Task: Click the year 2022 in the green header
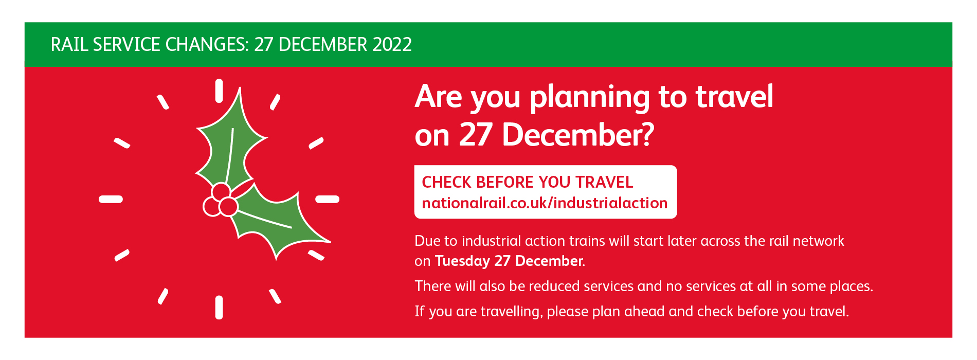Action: click(x=392, y=45)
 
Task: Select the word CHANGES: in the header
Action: click(x=207, y=45)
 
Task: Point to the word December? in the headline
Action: click(x=578, y=135)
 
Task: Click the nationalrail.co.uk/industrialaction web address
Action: click(x=545, y=203)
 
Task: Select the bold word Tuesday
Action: click(x=462, y=261)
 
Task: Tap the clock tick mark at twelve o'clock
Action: click(x=219, y=91)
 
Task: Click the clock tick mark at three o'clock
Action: click(x=327, y=199)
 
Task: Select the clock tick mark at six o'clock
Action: click(x=219, y=308)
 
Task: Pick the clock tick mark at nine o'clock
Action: click(x=111, y=199)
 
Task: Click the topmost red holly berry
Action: click(x=221, y=192)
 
